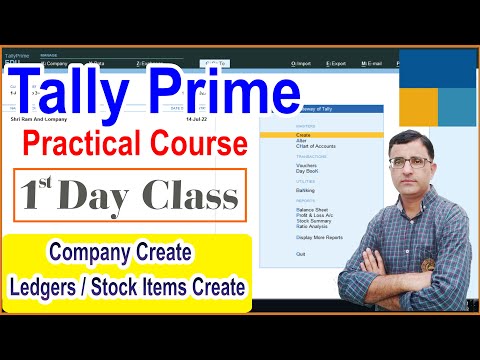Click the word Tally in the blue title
[x=86, y=93]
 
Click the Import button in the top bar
[x=300, y=63]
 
